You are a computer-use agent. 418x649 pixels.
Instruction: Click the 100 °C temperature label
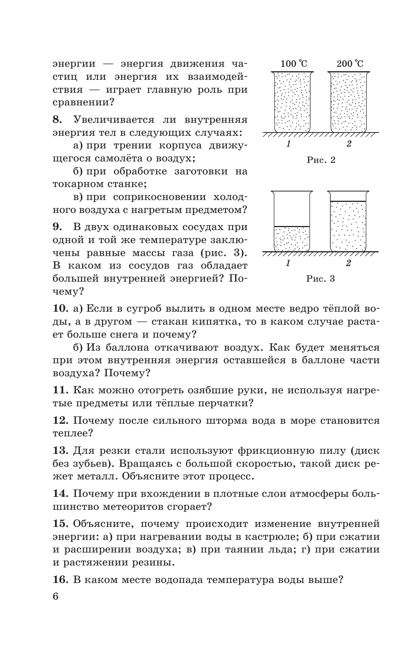[294, 63]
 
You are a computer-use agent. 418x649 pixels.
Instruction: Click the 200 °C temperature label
[350, 63]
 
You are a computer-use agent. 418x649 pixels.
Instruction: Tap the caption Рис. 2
[321, 160]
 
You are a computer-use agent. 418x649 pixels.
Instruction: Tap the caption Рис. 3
[321, 278]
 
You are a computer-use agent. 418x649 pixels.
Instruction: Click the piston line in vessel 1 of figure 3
[292, 226]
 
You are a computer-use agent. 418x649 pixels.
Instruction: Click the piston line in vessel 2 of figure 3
[349, 201]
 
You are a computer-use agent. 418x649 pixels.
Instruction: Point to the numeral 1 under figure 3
[288, 263]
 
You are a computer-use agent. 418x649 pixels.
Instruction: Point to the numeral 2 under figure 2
[349, 144]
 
